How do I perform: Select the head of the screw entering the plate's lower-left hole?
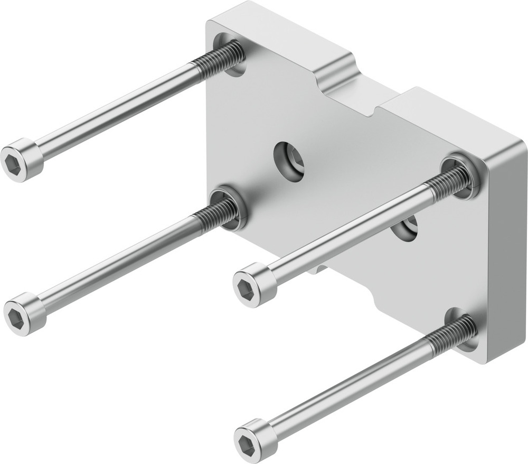tap(24, 314)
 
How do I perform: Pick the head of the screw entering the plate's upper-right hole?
tap(254, 285)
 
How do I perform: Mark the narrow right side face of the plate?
tap(507, 254)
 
